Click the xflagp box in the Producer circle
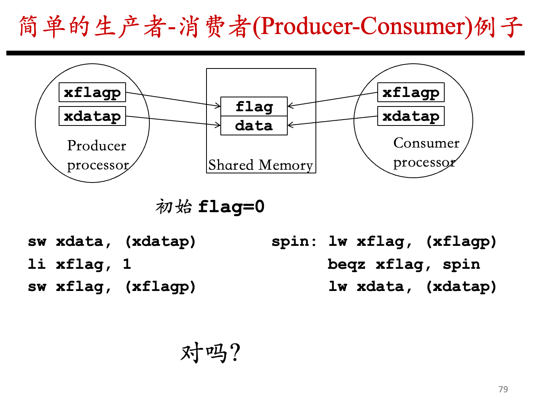click(x=92, y=92)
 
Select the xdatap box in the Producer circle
click(x=92, y=116)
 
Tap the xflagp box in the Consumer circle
click(x=411, y=92)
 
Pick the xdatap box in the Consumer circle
click(x=411, y=116)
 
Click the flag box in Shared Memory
click(x=254, y=106)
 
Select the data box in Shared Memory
click(x=254, y=125)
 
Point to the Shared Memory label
click(x=260, y=165)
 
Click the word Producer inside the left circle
click(x=97, y=145)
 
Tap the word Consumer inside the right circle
click(x=426, y=143)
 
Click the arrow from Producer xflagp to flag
click(x=173, y=99)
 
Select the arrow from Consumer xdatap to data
click(x=333, y=121)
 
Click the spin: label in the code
click(x=294, y=242)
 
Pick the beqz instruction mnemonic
click(x=346, y=264)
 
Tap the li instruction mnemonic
click(x=37, y=264)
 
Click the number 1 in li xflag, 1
click(x=127, y=264)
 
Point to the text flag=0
click(x=231, y=207)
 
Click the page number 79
click(x=503, y=389)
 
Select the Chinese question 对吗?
click(x=210, y=352)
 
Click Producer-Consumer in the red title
click(x=363, y=27)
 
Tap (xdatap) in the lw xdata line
click(x=461, y=287)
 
